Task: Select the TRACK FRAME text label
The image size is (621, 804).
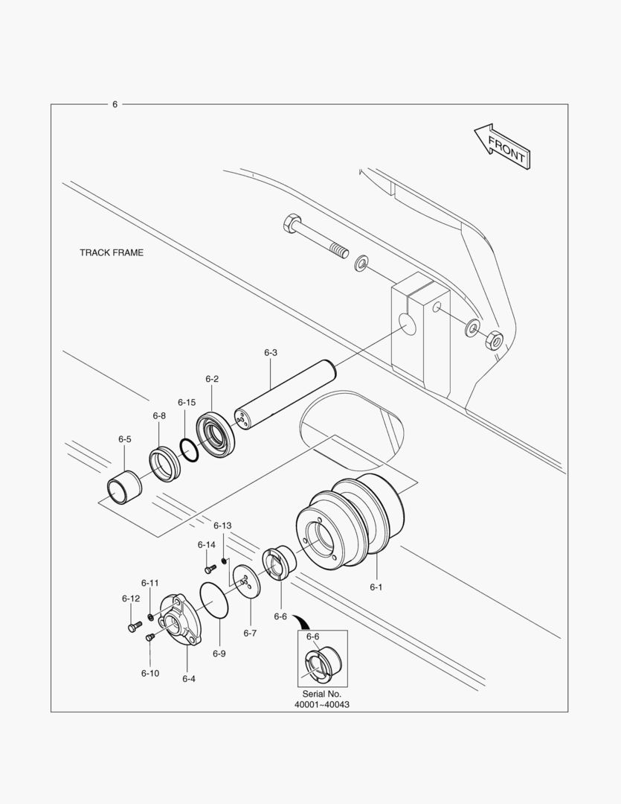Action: (x=112, y=253)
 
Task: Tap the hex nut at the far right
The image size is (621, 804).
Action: (x=493, y=341)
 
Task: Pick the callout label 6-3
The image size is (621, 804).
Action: (x=271, y=352)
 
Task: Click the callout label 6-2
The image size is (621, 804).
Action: (x=212, y=379)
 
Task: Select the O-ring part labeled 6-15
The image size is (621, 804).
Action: (x=188, y=450)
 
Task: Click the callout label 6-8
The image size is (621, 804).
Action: (x=159, y=415)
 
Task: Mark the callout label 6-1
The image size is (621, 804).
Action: (x=376, y=587)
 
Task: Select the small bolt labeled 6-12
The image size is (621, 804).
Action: (x=133, y=627)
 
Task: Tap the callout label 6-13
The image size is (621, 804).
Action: (x=223, y=526)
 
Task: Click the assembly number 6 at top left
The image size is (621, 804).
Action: (x=115, y=104)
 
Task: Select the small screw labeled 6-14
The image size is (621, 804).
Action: (x=210, y=568)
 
